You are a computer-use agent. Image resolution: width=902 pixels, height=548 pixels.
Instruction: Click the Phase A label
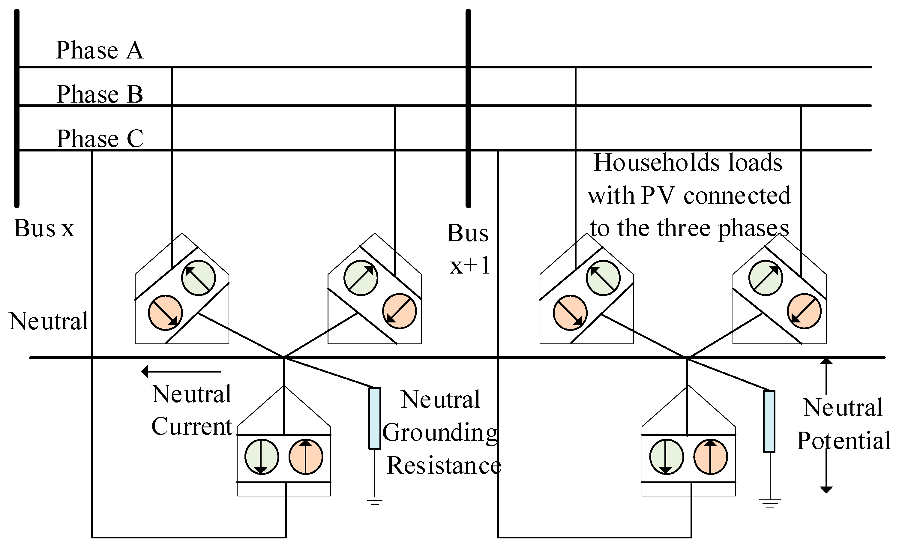(99, 50)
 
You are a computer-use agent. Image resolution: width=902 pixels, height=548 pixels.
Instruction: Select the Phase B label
(99, 94)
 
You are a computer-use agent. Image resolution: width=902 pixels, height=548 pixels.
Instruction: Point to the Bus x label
(44, 229)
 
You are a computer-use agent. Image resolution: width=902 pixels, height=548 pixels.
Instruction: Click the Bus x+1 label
(468, 249)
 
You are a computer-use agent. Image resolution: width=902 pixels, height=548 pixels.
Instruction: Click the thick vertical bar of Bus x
(16, 110)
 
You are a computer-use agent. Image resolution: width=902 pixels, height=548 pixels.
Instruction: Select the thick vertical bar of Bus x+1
(468, 110)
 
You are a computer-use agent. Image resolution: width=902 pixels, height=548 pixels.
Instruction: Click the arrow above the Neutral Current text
(181, 372)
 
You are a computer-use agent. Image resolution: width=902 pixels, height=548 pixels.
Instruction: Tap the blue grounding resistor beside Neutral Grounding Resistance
(374, 418)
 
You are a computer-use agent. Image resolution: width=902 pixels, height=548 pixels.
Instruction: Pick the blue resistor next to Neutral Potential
(769, 421)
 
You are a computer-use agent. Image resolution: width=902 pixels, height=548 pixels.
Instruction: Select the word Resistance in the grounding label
(444, 466)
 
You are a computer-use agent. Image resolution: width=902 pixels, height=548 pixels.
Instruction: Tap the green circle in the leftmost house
(198, 278)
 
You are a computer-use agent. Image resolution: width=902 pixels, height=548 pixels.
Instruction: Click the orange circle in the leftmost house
(165, 313)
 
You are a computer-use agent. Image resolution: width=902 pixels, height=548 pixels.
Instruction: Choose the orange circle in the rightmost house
(804, 311)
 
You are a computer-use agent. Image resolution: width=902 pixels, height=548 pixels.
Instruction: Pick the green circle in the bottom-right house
(666, 457)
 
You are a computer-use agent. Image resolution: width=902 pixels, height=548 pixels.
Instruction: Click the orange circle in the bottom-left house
(306, 457)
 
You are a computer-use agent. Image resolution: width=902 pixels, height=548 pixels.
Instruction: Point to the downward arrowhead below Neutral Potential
(826, 490)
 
